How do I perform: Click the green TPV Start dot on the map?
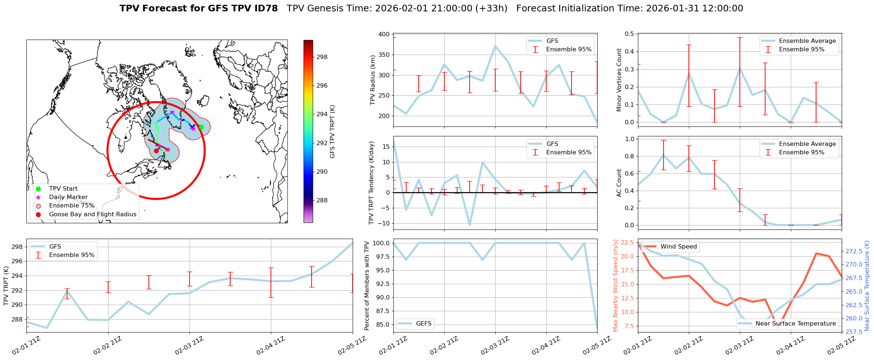tap(201, 127)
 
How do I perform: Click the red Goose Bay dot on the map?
tap(156, 151)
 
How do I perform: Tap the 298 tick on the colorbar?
tap(322, 57)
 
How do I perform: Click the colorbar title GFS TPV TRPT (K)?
tap(332, 131)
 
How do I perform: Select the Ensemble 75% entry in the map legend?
tap(71, 206)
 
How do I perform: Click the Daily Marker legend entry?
tap(68, 197)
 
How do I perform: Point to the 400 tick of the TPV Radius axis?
tap(384, 34)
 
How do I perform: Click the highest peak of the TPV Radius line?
tap(495, 46)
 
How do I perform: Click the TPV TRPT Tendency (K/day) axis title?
tap(371, 183)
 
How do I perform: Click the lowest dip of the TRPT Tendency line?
tap(470, 225)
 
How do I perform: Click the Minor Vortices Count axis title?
tap(619, 80)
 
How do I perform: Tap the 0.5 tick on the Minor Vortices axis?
tap(629, 34)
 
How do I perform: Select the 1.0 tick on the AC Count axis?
tap(629, 139)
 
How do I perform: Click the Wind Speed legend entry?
tap(678, 247)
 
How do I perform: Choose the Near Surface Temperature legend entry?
tap(796, 324)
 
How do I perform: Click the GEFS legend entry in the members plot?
tap(423, 324)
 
